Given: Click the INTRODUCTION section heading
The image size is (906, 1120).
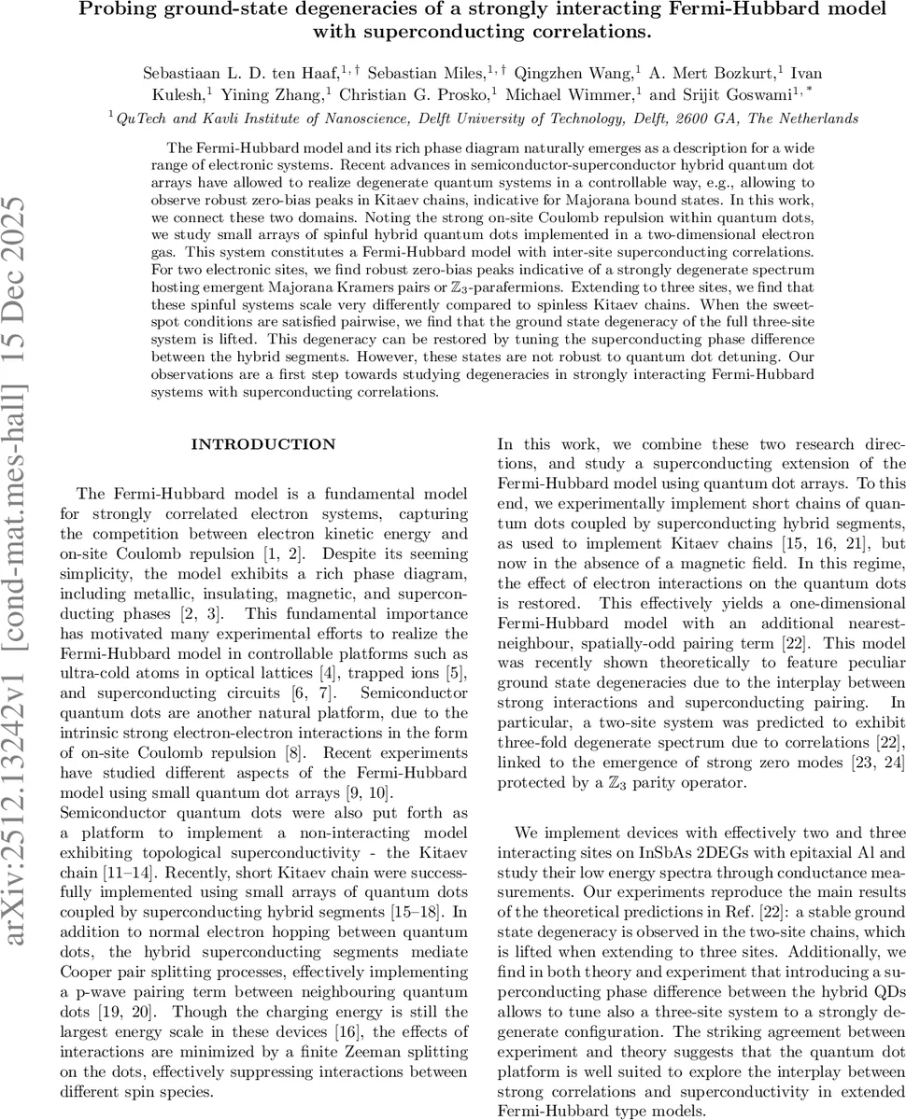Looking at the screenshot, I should (257, 444).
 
